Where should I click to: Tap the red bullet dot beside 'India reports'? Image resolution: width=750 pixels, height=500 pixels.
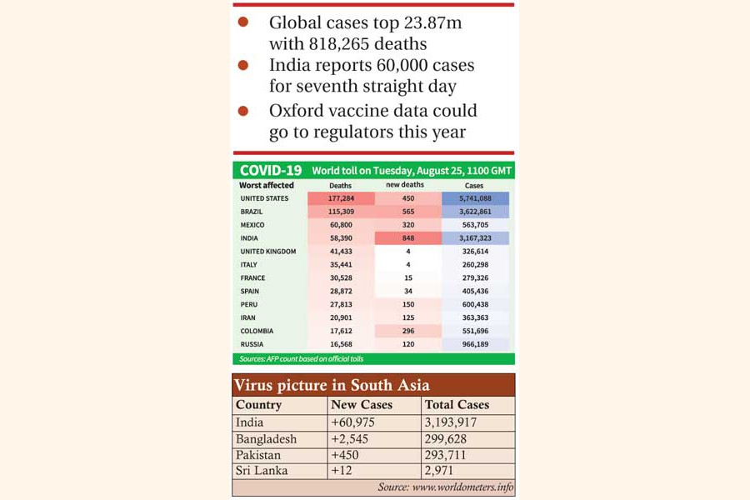243,64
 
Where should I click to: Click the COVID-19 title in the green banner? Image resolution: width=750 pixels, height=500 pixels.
271,170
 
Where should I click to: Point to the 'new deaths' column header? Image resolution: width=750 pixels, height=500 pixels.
405,185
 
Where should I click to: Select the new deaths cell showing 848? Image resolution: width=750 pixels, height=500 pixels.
407,238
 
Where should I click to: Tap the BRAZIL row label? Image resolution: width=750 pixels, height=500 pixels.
252,212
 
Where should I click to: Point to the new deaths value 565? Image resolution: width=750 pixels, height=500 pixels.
407,212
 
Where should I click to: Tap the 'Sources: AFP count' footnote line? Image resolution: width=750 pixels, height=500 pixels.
302,359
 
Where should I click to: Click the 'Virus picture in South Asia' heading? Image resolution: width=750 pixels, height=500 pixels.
332,385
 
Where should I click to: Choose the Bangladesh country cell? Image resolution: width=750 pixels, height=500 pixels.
267,438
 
